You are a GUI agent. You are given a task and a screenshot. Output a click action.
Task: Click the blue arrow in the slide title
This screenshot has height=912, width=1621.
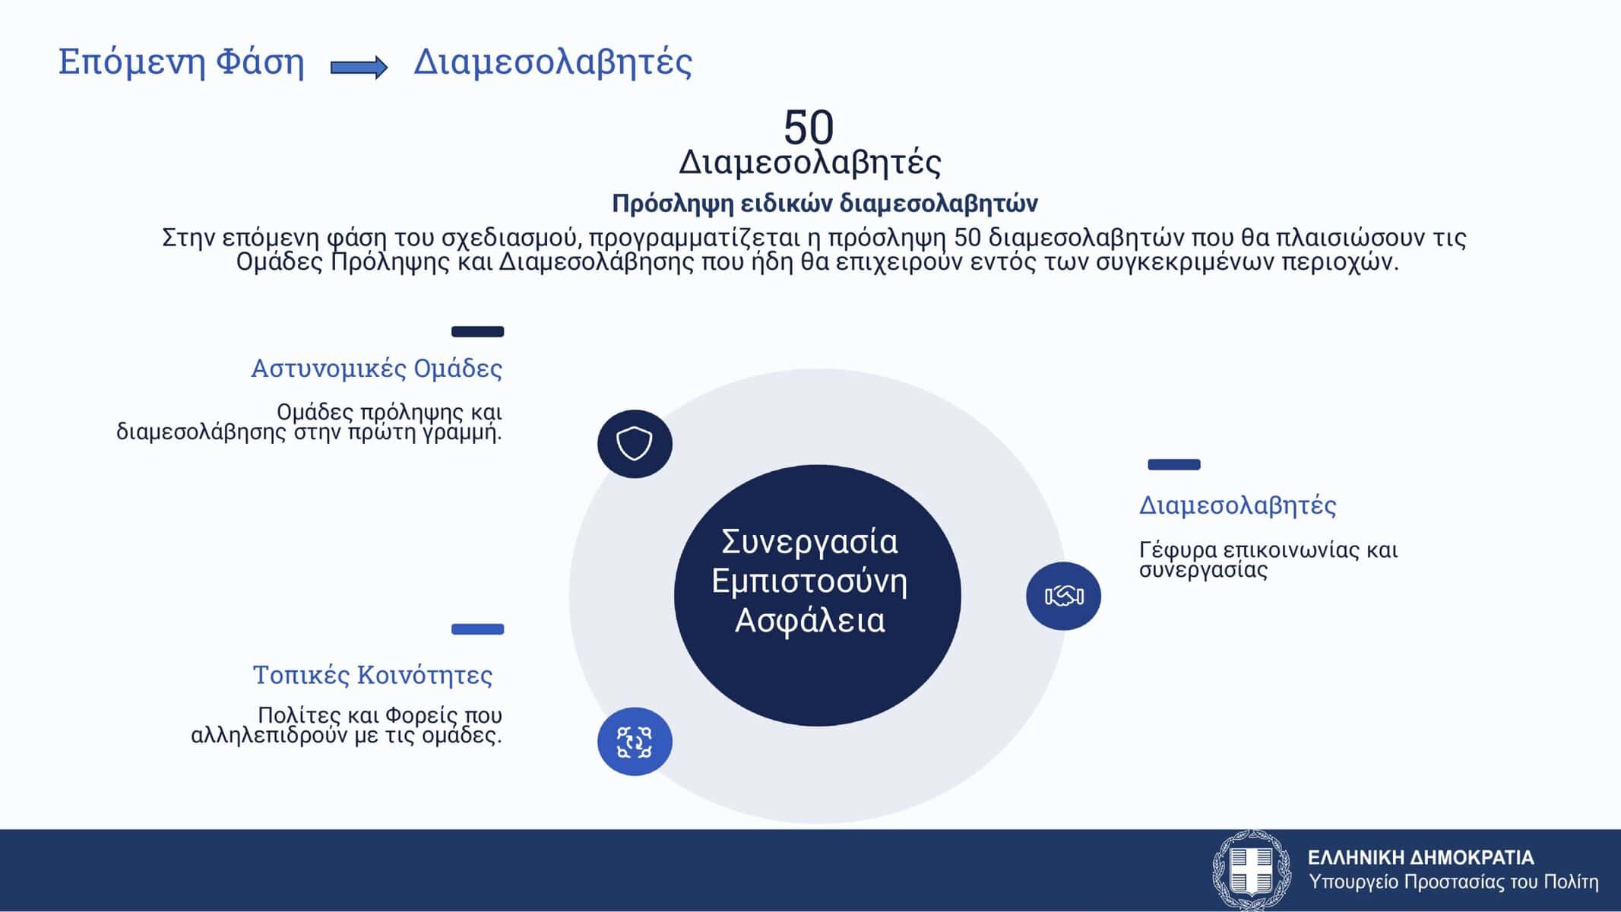point(359,68)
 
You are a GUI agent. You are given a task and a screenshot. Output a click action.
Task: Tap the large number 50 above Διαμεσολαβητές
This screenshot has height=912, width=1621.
point(809,127)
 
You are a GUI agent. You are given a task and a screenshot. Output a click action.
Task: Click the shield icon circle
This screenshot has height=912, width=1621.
point(635,444)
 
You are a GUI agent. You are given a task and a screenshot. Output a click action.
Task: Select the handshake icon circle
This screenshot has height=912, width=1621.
point(1063,596)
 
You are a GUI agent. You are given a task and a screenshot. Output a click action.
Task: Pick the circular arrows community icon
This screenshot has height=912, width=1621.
point(635,742)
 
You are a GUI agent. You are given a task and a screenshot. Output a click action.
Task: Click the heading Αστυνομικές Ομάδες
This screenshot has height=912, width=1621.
point(377,369)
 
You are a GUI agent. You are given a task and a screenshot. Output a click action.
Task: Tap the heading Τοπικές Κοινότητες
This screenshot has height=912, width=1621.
point(372,675)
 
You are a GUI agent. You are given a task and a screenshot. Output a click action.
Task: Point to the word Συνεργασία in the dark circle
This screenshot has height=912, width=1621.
point(809,543)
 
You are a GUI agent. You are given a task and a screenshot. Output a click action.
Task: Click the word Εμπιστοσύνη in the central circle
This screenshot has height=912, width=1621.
point(809,582)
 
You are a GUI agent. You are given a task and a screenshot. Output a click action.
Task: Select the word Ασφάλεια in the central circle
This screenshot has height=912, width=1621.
point(810,621)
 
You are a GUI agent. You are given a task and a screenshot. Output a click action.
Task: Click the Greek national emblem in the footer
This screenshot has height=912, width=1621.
point(1251,871)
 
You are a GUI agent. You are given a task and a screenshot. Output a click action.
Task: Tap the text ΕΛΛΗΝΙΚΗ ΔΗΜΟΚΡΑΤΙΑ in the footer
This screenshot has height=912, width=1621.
point(1421,858)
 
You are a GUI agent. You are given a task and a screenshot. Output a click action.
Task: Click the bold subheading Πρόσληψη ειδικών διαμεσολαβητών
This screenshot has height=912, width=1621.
point(825,204)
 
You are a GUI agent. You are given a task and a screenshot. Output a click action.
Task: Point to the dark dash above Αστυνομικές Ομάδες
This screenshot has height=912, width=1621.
point(478,331)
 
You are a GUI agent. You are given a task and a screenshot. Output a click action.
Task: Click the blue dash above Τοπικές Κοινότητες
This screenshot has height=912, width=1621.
point(478,629)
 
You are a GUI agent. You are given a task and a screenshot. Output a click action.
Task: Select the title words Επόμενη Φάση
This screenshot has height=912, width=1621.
point(182,62)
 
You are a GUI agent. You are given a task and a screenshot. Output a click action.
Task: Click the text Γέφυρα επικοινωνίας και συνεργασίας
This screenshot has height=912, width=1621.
point(1268,559)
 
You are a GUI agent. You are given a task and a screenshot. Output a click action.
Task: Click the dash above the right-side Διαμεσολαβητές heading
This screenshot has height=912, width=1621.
point(1174,464)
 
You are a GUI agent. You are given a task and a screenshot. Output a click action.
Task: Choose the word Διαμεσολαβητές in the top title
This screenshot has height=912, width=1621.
point(553,62)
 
